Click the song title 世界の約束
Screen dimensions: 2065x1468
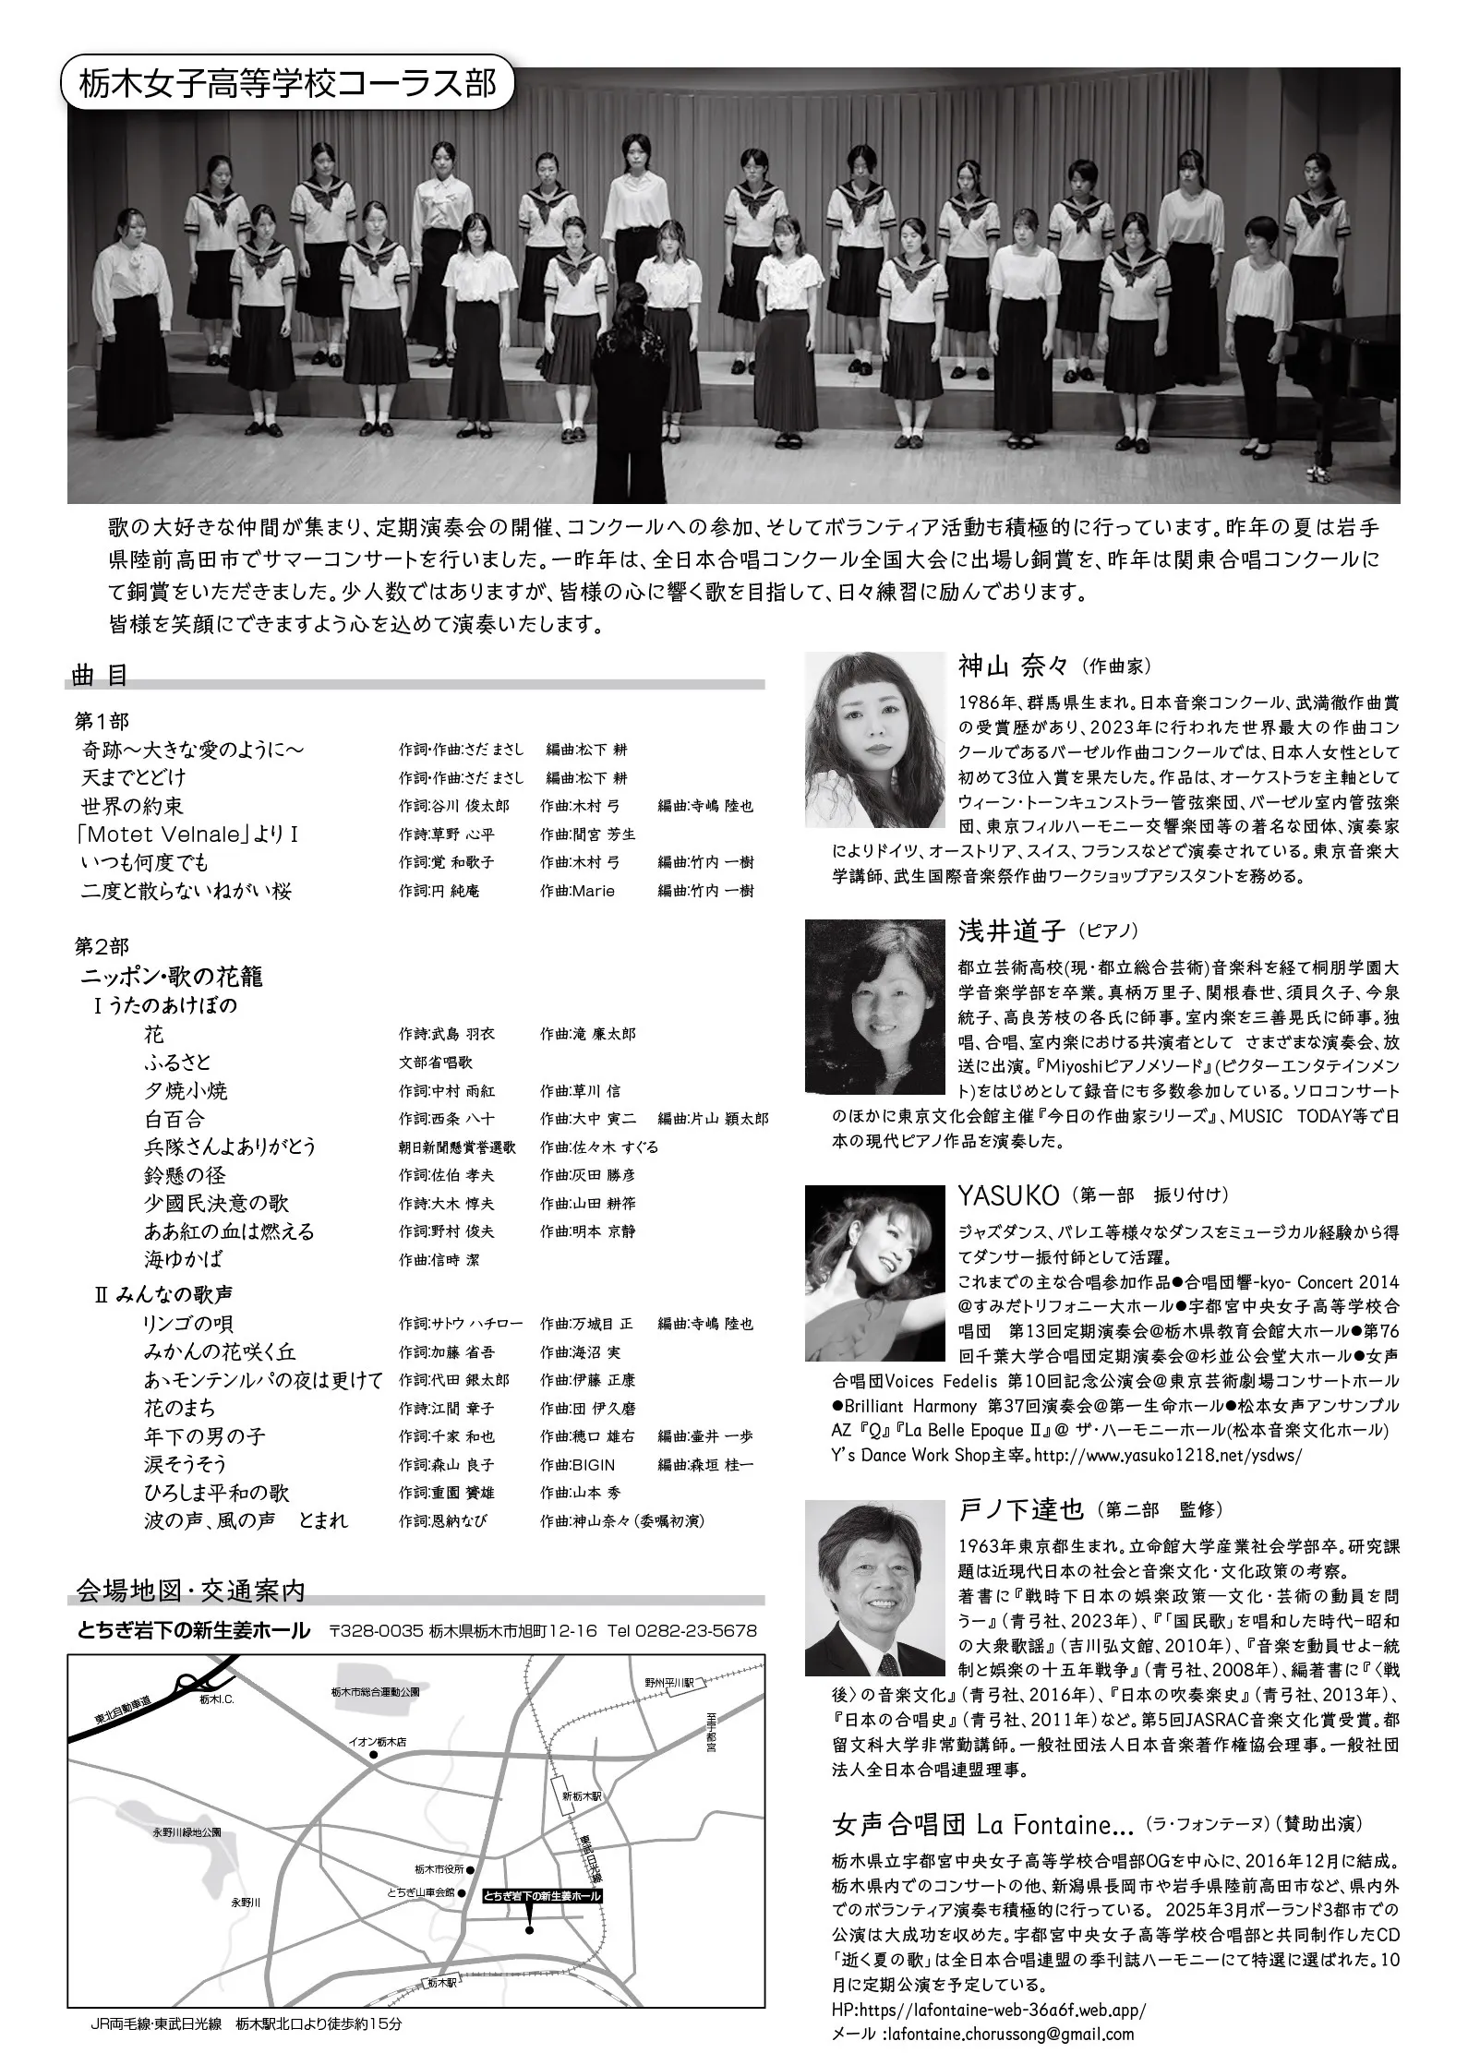pyautogui.click(x=132, y=806)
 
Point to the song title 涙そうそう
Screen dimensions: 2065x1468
pyautogui.click(x=185, y=1464)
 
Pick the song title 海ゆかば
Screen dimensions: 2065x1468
pyautogui.click(x=183, y=1259)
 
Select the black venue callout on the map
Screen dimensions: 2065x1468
pyautogui.click(x=543, y=1870)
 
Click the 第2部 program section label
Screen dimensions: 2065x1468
pyautogui.click(x=102, y=947)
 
